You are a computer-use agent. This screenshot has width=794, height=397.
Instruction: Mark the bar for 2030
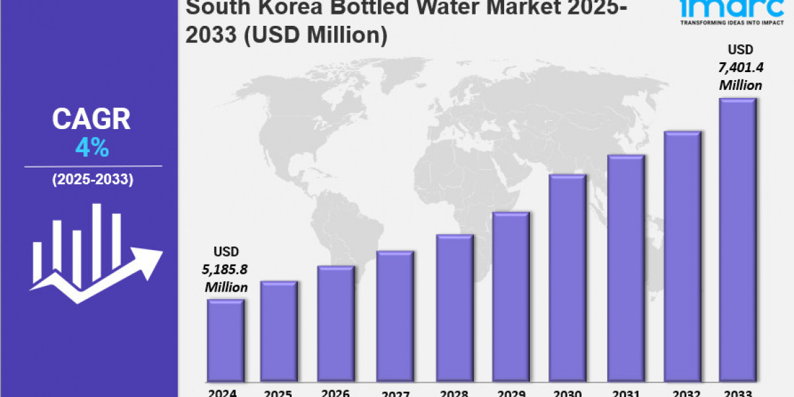(568, 277)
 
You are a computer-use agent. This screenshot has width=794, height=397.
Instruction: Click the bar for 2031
(625, 267)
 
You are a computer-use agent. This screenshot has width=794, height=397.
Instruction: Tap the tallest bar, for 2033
(738, 239)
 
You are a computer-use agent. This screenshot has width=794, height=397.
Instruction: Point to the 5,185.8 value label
(226, 269)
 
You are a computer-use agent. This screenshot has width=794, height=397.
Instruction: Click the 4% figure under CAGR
(92, 148)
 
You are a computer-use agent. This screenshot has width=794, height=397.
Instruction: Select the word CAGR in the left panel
(92, 120)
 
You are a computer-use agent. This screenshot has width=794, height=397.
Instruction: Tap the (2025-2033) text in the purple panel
(93, 179)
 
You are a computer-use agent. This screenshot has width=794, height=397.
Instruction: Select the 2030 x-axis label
(567, 392)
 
